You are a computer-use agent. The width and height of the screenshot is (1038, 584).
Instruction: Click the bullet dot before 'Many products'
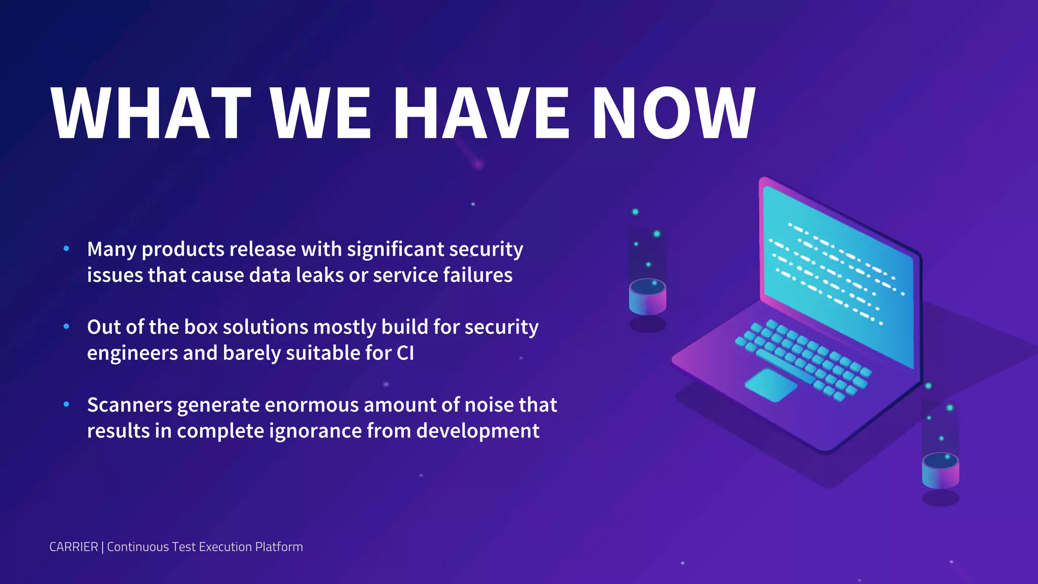(x=66, y=248)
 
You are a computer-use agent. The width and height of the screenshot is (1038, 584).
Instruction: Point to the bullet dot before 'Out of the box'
(x=66, y=326)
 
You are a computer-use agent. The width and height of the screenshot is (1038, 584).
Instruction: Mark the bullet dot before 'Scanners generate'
(x=66, y=404)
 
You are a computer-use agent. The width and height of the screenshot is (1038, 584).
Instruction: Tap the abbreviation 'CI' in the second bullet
(x=405, y=353)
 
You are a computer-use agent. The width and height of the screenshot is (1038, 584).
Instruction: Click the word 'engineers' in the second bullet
(x=132, y=353)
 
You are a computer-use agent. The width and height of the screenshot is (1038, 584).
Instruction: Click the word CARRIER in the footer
(x=73, y=547)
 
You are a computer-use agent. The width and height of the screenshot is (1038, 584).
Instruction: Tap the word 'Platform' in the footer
(x=279, y=547)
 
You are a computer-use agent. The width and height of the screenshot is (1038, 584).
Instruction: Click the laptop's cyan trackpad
(x=770, y=385)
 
